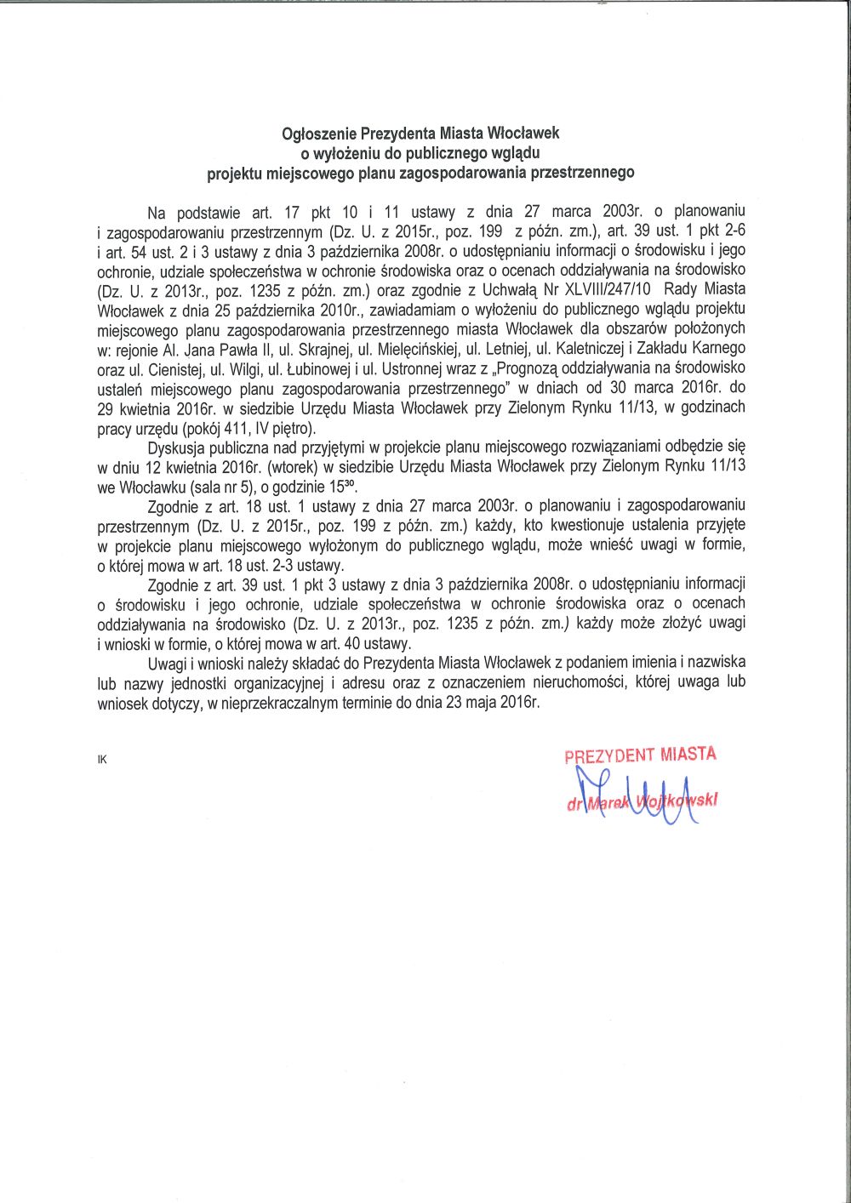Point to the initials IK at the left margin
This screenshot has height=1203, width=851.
(x=102, y=760)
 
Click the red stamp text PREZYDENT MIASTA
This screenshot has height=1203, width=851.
(x=640, y=755)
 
